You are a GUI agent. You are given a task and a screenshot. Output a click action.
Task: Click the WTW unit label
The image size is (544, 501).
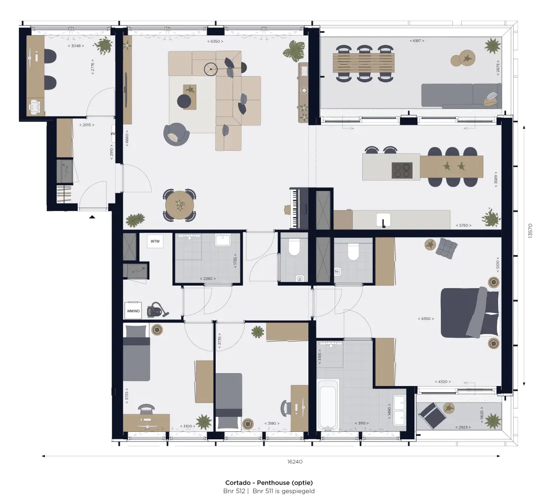coord(155,242)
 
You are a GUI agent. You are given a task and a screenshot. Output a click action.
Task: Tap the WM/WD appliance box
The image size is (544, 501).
coord(133,310)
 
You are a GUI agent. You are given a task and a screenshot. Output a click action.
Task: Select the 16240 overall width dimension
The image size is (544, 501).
coord(295,462)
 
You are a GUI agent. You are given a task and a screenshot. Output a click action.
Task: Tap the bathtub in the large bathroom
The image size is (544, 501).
coord(328,404)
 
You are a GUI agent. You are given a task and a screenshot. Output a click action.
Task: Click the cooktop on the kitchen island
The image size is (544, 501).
coord(402,170)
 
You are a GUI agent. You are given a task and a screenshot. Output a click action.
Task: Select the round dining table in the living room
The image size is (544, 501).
coord(179,204)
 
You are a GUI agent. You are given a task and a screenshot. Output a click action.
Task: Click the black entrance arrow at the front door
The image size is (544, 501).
coord(92,216)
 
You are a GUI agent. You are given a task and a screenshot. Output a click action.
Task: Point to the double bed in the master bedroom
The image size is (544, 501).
coord(470,312)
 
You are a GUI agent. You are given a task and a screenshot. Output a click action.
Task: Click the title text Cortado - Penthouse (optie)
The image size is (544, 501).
coord(269,483)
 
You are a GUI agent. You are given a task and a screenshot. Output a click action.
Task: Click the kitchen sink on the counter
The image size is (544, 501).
coord(383,219)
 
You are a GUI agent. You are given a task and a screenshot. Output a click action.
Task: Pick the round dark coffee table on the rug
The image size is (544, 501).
coord(184,101)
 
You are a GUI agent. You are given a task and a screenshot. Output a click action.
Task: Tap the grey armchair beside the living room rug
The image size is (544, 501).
coord(175,134)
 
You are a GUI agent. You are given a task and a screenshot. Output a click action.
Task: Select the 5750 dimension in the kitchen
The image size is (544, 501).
coord(463,225)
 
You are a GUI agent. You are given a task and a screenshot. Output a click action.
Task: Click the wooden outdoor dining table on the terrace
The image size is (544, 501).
coord(364,63)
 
